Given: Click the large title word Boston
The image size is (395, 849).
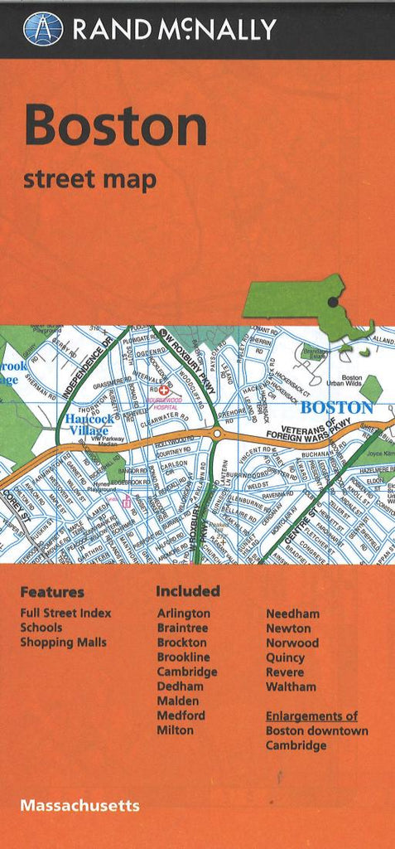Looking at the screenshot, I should pos(115,126).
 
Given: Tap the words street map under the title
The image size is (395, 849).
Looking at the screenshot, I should pos(89,180).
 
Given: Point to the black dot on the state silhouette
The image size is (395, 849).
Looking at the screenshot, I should pos(333,303).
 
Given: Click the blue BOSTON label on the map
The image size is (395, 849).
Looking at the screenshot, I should pos(336,408).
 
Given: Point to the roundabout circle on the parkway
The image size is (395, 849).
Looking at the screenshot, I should pos(217,433).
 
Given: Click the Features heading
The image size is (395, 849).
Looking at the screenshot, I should pos(52,592).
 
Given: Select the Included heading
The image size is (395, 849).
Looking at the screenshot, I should pos(188,591).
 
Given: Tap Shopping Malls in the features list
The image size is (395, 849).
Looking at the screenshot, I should pos(64,643).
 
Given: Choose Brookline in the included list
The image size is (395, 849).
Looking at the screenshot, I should pos(184,657).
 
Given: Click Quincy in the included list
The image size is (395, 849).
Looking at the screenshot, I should pos(286,657).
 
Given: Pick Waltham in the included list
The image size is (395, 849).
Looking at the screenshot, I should pos(291,686).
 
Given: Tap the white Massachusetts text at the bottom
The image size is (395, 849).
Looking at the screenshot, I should pos(80,805).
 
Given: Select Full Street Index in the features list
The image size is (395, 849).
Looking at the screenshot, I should pos(65,614).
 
